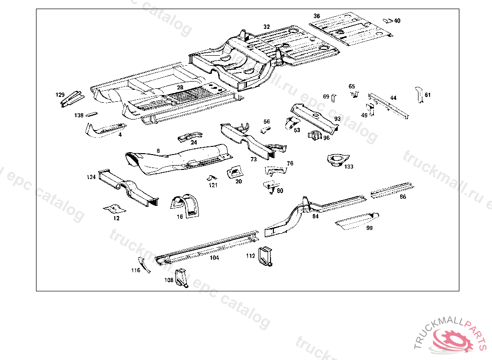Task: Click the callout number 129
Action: click(x=60, y=95)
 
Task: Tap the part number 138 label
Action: click(x=78, y=115)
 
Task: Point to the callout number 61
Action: click(x=428, y=95)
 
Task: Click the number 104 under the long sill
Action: click(x=214, y=258)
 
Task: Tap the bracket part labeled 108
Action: click(x=182, y=277)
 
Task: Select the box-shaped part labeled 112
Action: click(x=266, y=255)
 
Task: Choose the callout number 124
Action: click(x=91, y=177)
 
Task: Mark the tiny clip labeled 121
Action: click(x=211, y=178)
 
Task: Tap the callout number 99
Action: click(x=369, y=228)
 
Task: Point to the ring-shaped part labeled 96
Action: click(x=315, y=136)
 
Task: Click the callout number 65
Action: click(x=352, y=86)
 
